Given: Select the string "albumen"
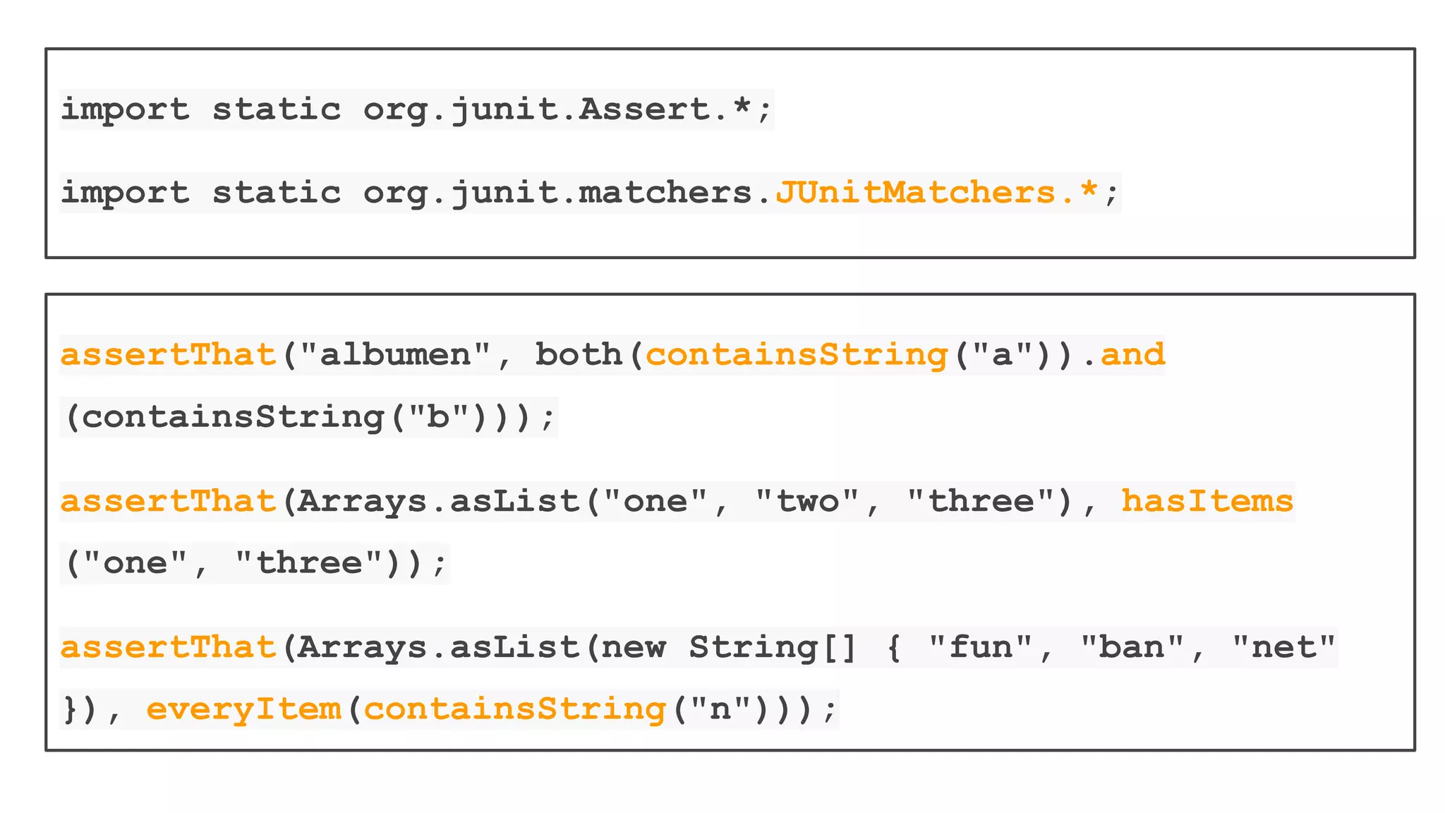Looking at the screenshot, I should (395, 354).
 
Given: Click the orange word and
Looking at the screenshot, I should (1132, 354).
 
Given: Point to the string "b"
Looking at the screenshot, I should (439, 416).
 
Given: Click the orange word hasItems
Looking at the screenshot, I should (1207, 501).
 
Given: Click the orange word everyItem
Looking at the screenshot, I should (243, 709).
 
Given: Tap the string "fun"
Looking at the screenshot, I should (981, 647).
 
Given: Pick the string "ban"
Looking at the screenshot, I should (1132, 647).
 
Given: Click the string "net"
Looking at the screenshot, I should (1283, 647).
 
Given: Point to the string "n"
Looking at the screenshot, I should (720, 709).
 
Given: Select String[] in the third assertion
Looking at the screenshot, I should (773, 647).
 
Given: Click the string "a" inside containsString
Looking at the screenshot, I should (1002, 354).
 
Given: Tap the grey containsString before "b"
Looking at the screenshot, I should (233, 416).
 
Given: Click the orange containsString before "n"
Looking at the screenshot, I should (514, 709).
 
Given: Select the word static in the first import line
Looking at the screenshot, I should (277, 109).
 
